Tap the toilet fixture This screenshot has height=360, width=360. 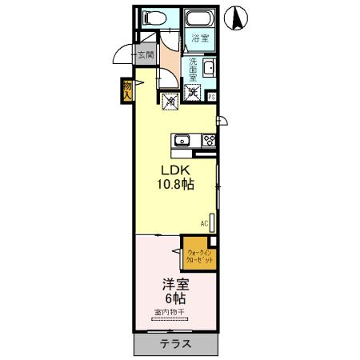[151, 18]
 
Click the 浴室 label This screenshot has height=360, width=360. [200, 38]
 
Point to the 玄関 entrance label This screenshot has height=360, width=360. [145, 55]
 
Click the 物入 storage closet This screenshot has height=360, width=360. [127, 89]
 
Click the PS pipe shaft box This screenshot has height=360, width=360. [212, 97]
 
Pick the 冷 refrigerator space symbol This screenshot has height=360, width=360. [170, 101]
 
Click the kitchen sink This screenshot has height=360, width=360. [182, 141]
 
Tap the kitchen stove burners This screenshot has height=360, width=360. [209, 141]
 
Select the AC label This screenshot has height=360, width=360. [204, 223]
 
